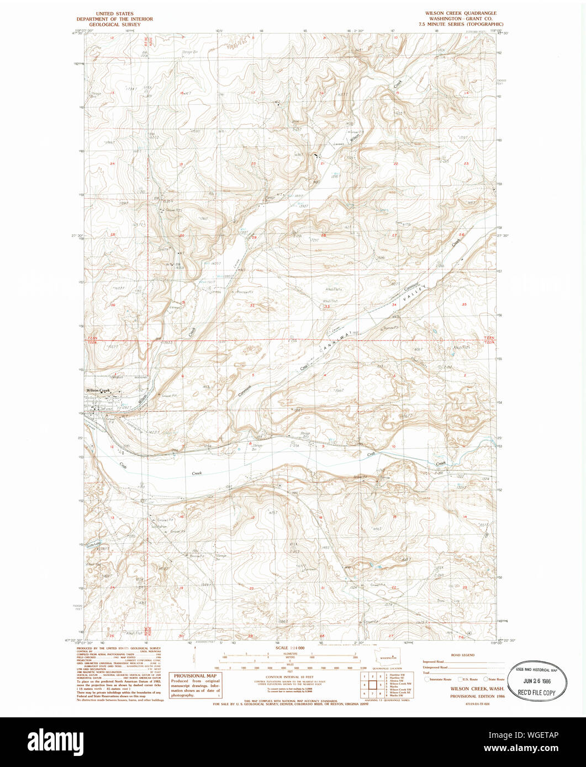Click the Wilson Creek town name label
98,390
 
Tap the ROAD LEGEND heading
462,654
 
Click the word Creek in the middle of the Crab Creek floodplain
197,473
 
